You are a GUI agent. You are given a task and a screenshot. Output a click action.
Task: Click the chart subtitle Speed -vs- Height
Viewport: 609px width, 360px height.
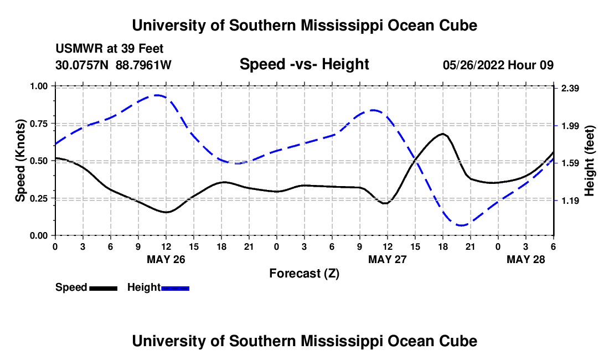[x=304, y=64]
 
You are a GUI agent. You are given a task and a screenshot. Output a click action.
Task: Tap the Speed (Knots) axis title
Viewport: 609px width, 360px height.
[x=20, y=161]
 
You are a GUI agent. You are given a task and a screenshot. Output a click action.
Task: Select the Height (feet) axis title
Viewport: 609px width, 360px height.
[x=589, y=161]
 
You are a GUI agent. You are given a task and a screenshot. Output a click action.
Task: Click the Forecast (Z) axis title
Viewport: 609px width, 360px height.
[x=304, y=273]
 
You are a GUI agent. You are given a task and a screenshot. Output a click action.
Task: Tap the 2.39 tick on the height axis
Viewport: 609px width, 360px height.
[x=569, y=89]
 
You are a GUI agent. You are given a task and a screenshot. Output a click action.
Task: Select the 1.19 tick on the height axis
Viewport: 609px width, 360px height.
[x=569, y=201]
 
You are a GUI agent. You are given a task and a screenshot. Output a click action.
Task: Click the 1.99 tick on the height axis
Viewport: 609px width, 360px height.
[x=569, y=126]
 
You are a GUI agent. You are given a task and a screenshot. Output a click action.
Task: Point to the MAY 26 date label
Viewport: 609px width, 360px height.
[x=166, y=259]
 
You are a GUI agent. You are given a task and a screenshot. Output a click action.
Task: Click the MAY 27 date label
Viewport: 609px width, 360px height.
[x=388, y=259]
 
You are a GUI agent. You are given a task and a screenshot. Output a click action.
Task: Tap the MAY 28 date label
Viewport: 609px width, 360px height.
[x=527, y=259]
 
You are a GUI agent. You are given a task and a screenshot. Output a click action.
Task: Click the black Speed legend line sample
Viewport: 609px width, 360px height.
[x=103, y=288]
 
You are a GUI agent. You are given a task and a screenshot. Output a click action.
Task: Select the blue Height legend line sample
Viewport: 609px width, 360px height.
[x=176, y=288]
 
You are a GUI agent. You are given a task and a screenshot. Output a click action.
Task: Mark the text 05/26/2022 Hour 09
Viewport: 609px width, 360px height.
[x=498, y=65]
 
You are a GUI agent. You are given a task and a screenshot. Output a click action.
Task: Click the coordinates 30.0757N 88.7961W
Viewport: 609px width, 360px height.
[x=113, y=65]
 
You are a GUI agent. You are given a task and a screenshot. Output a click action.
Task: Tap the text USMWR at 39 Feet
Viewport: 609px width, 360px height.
[x=110, y=49]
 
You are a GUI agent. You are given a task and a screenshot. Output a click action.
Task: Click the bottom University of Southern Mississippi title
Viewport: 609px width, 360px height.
[x=304, y=341]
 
